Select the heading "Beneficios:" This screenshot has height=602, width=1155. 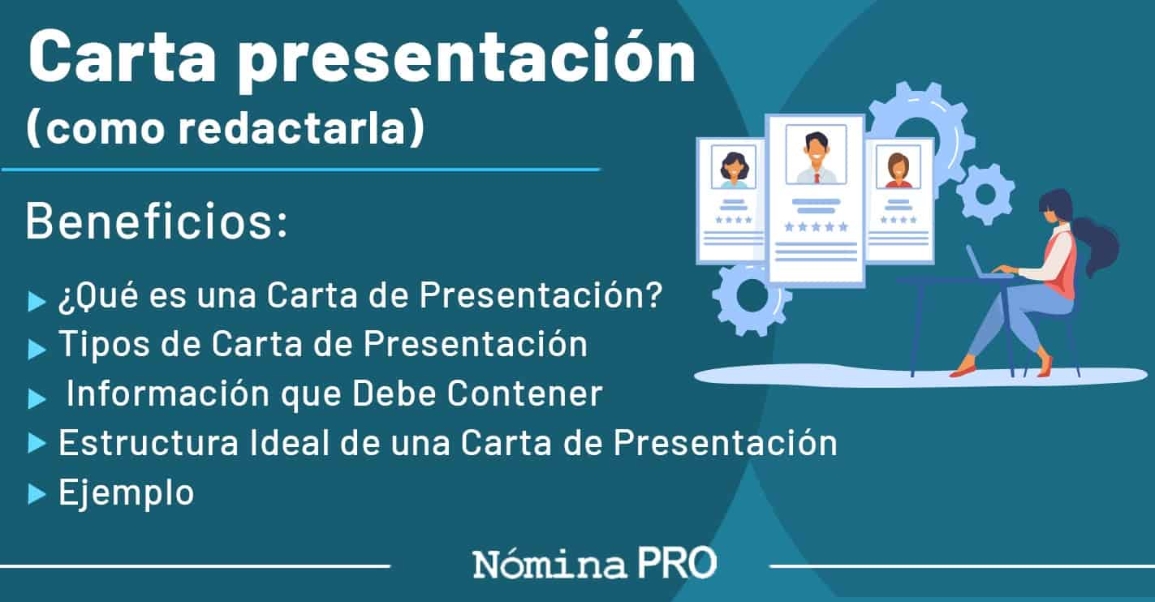[156, 221]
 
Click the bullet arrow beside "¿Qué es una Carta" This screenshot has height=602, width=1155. [37, 301]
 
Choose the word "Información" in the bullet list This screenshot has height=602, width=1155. [168, 393]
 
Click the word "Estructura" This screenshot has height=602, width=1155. [149, 443]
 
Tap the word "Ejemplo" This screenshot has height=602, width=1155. [127, 492]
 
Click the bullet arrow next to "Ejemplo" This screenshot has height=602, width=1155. [37, 492]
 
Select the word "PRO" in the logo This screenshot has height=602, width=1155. [678, 563]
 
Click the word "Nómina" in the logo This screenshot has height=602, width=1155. [549, 564]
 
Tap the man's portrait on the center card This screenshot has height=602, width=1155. [817, 155]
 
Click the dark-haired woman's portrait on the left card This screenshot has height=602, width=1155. [733, 167]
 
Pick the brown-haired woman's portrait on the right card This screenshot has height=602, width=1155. [899, 167]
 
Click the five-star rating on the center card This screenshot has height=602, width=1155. [817, 227]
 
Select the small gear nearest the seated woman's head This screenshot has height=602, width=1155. [985, 194]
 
